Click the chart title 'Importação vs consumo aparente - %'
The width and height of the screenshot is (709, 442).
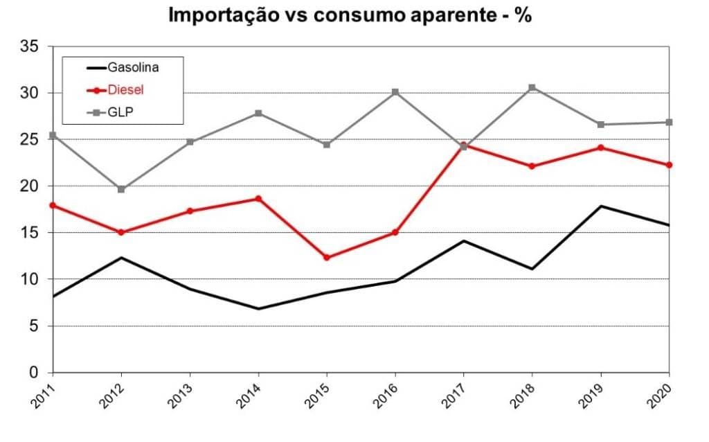(350, 16)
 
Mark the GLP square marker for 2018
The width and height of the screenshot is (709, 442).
(532, 87)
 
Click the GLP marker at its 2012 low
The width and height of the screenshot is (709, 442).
(121, 189)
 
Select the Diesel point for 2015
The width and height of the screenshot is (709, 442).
(327, 258)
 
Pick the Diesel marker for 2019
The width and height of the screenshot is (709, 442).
(600, 148)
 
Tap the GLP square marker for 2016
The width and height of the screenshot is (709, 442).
(395, 92)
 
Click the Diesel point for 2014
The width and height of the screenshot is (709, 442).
(258, 199)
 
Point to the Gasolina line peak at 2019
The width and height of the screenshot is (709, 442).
(600, 206)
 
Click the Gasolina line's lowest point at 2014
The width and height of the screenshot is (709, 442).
(258, 308)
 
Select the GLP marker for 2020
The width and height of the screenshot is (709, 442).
(668, 122)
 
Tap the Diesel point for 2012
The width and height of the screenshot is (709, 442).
(121, 232)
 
